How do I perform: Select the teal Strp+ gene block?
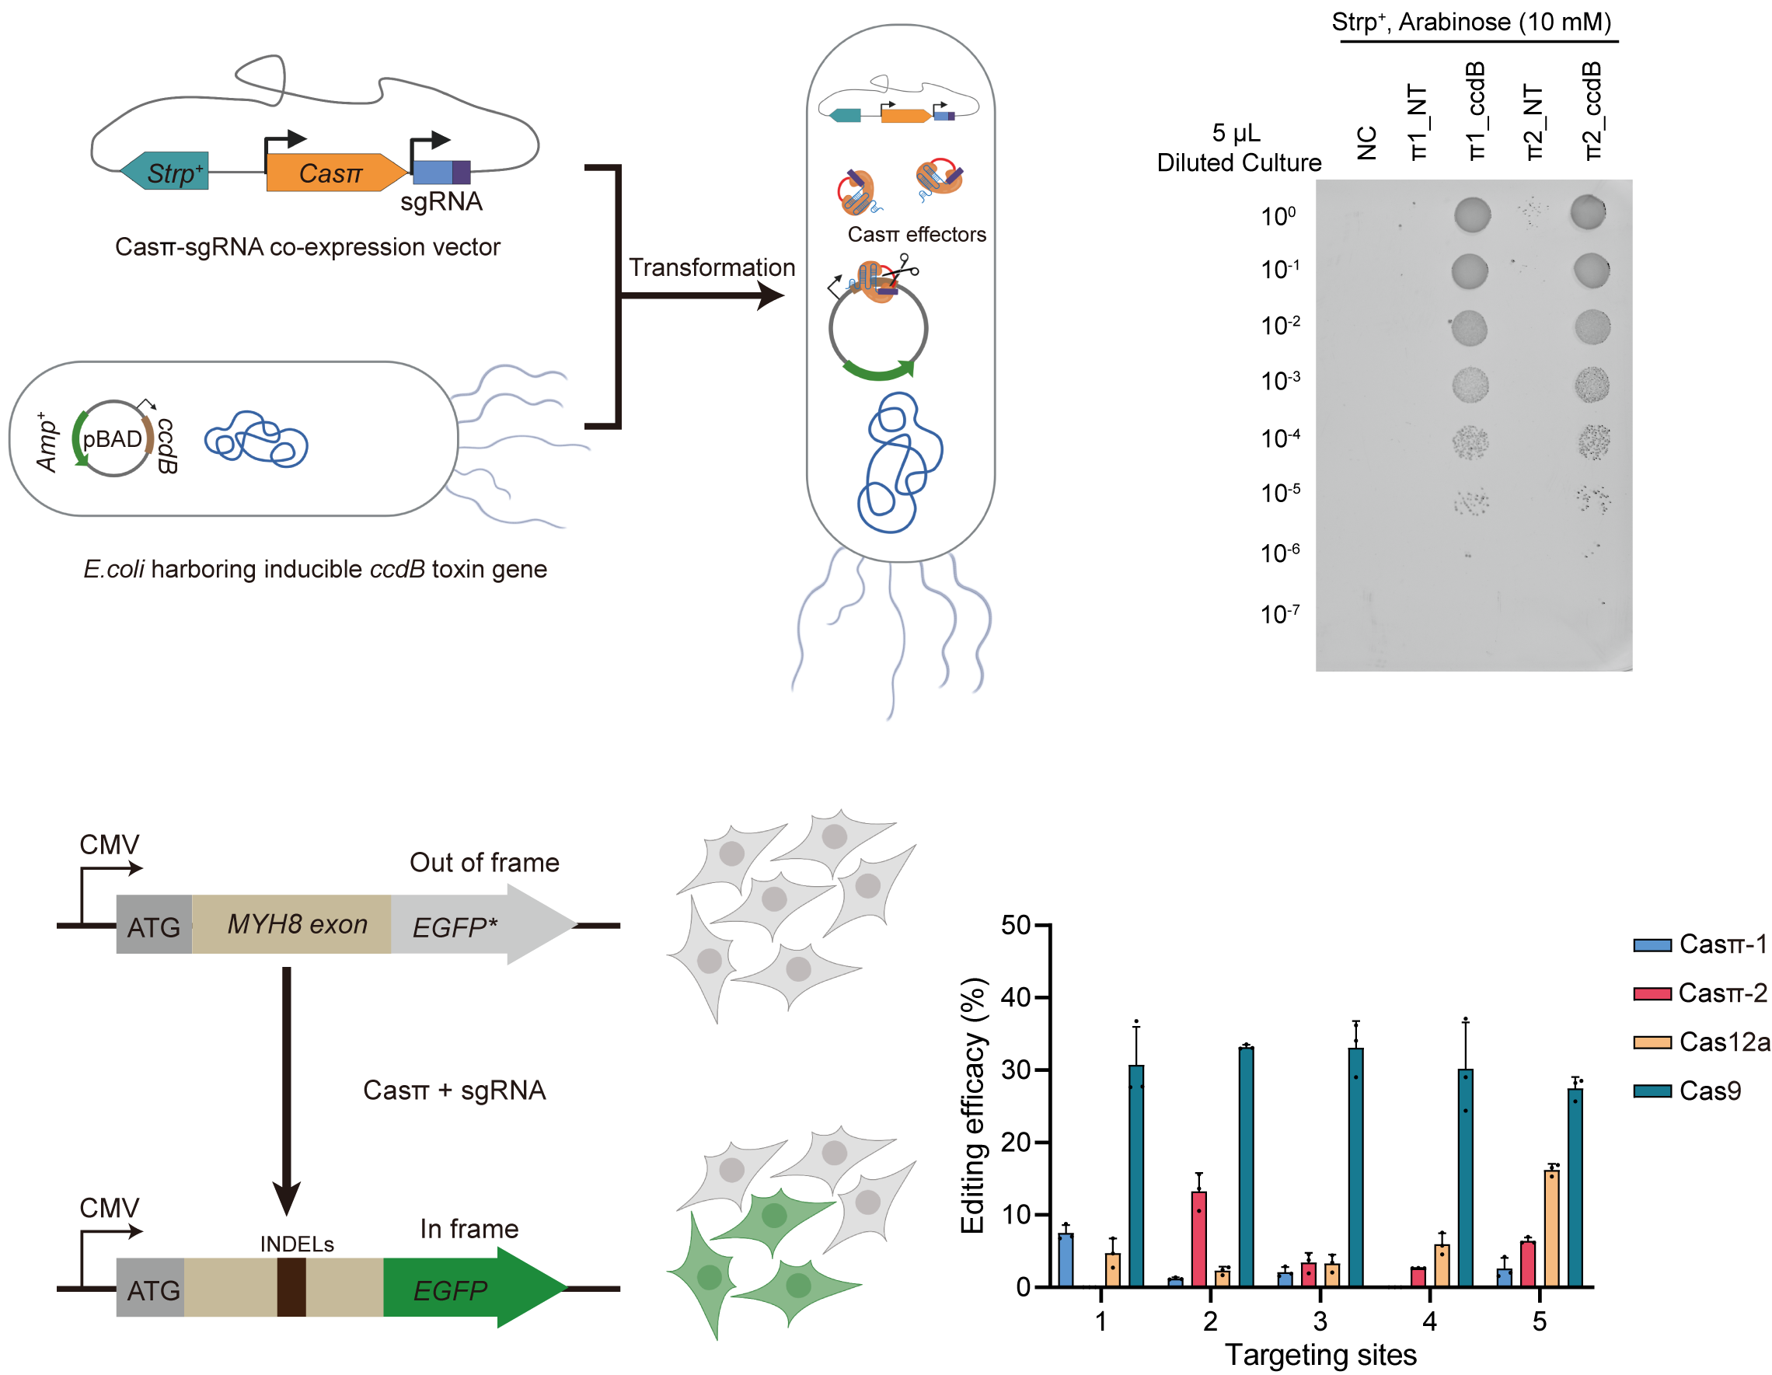166,171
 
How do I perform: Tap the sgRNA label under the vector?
441,201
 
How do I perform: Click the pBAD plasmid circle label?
112,439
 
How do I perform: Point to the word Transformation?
712,267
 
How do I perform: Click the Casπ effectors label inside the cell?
916,235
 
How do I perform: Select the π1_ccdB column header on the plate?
1475,110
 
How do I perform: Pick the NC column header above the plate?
1366,143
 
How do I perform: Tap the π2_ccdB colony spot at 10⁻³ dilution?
1592,385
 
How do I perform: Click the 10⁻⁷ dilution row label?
1279,614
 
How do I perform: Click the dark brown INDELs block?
291,1286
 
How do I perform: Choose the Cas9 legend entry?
1687,1091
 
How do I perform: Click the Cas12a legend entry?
1700,1042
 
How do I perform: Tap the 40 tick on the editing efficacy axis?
1015,997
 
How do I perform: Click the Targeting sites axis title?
1320,1354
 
